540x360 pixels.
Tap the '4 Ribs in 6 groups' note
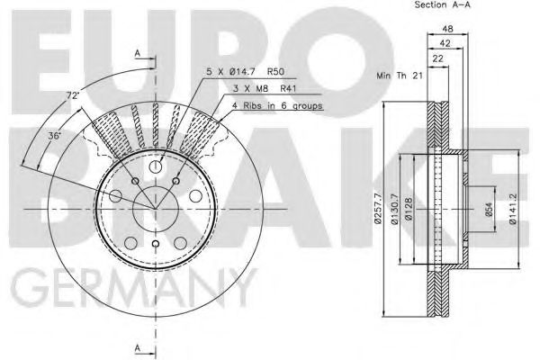276,105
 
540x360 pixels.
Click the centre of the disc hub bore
155,210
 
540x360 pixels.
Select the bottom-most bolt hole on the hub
155,245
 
